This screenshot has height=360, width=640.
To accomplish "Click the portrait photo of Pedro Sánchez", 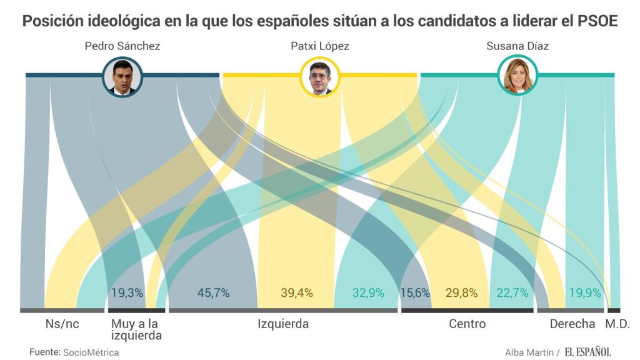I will [122, 77].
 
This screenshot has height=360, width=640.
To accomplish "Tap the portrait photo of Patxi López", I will [320, 77].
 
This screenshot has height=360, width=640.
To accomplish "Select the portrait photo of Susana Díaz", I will [518, 77].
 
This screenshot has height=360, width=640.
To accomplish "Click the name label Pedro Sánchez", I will [122, 46].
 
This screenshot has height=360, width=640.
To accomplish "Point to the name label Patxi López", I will [320, 46].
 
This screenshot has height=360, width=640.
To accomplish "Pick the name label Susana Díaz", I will [517, 46].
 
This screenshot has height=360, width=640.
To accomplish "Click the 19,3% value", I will [127, 292].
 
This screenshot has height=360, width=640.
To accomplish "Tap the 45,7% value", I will [213, 292].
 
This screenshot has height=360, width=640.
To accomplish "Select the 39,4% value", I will [297, 292].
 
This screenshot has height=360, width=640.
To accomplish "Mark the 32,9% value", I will [368, 292].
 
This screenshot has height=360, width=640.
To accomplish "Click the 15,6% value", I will [416, 292].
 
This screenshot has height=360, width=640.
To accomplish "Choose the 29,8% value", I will [462, 292].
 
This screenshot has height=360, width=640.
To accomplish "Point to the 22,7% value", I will [512, 292].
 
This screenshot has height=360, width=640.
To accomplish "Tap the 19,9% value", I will [585, 292].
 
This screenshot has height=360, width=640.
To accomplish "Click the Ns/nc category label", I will [61, 324].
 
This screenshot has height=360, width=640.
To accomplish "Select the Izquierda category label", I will [283, 324].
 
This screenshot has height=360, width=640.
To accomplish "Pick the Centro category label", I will [467, 324].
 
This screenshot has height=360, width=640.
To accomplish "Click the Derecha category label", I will [572, 324].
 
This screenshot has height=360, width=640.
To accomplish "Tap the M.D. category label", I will [617, 324].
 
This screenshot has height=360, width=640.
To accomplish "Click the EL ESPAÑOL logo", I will [588, 352].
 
